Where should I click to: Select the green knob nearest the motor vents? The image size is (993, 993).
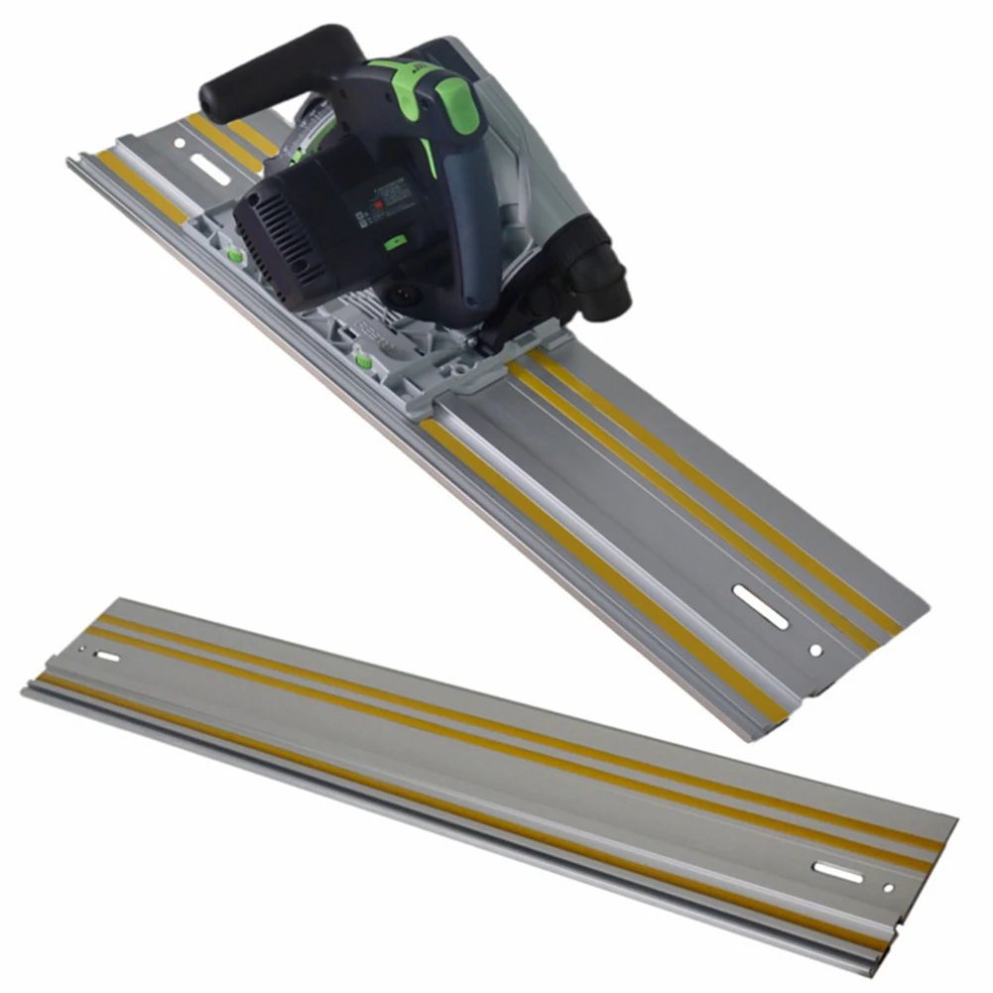236,255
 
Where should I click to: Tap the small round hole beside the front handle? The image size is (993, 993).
181,144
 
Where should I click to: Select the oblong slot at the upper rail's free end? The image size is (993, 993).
761,606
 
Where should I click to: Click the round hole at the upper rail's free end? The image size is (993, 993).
815,651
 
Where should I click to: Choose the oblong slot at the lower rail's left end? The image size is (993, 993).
106,657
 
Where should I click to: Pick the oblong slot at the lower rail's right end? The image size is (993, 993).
837,872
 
